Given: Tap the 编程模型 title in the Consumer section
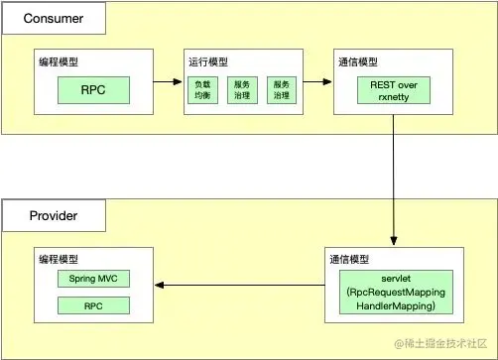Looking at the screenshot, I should point(61,61).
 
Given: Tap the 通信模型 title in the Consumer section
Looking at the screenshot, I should point(358,61).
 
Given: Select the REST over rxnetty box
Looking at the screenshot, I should point(395,92).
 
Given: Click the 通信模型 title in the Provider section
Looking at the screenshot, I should point(349,257).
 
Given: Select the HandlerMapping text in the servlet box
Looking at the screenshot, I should point(395,308).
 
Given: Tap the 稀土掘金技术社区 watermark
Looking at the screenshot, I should point(441,343).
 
